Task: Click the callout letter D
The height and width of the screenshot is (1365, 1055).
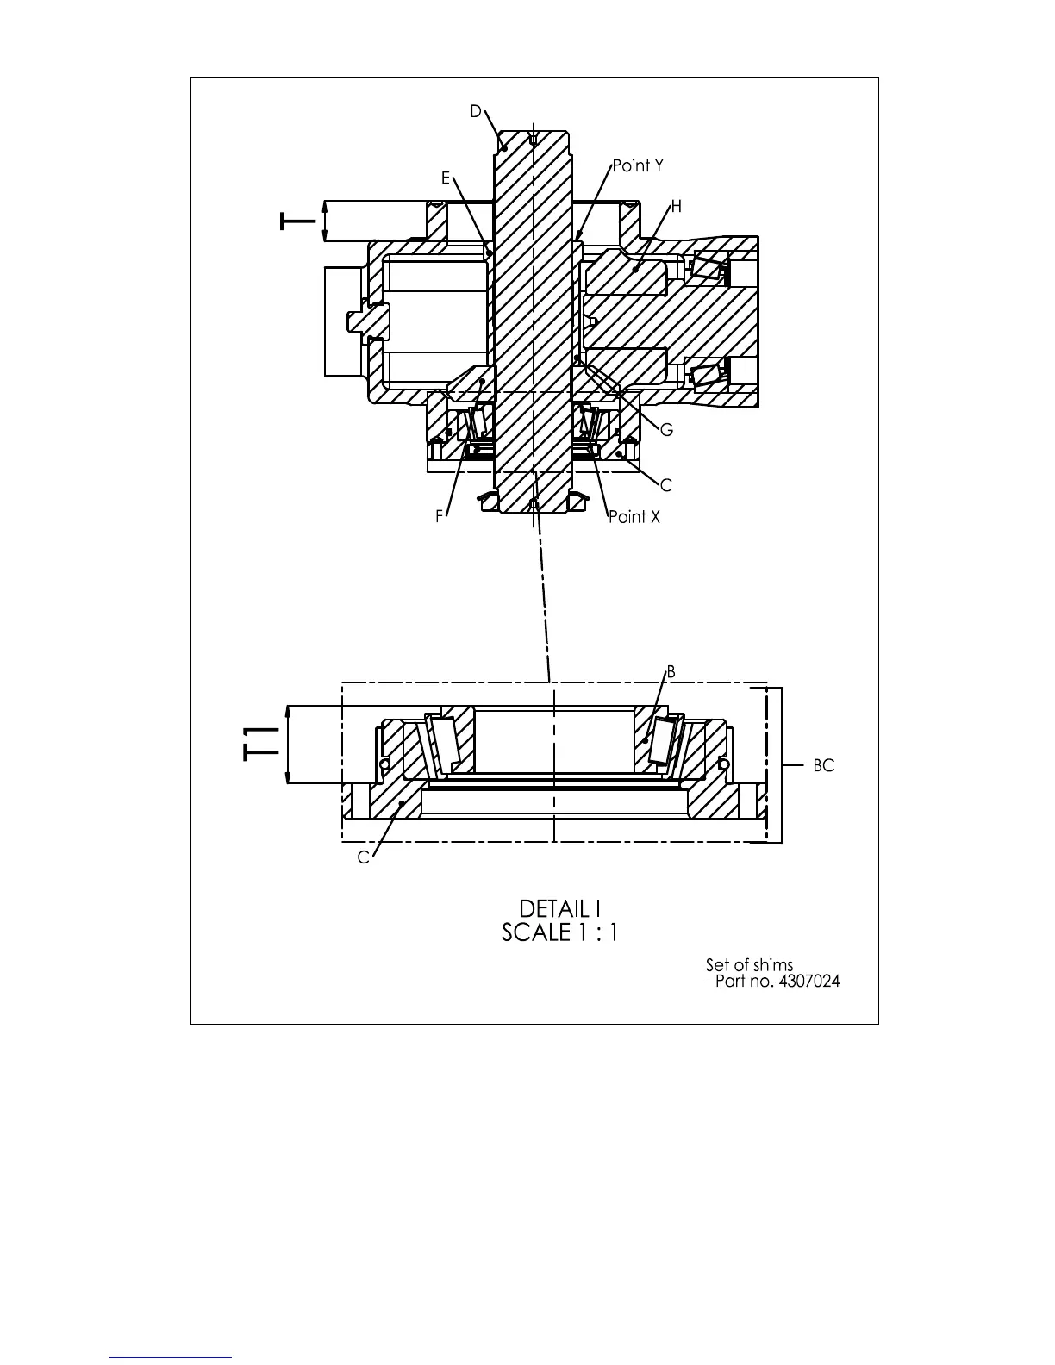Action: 475,112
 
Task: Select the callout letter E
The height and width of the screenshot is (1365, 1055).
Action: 446,178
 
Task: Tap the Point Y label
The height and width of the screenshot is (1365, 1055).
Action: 638,165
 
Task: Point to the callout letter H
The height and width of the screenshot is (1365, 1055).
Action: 676,207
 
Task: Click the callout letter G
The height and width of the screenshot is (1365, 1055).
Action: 666,430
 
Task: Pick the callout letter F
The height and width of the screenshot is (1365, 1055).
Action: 440,517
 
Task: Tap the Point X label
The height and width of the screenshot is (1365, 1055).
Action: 634,517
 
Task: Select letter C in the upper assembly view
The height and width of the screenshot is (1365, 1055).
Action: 665,486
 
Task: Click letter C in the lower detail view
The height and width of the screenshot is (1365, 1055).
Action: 363,858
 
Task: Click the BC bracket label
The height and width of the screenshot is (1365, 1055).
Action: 823,765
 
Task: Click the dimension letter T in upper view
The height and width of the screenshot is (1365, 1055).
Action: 297,222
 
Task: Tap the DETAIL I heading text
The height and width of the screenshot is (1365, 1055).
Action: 559,908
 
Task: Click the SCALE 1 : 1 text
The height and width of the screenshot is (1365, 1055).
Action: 559,932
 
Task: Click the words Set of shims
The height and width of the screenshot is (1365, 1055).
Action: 749,965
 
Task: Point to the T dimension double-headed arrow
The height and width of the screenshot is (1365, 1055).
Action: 324,221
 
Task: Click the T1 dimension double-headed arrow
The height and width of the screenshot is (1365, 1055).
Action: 287,745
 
